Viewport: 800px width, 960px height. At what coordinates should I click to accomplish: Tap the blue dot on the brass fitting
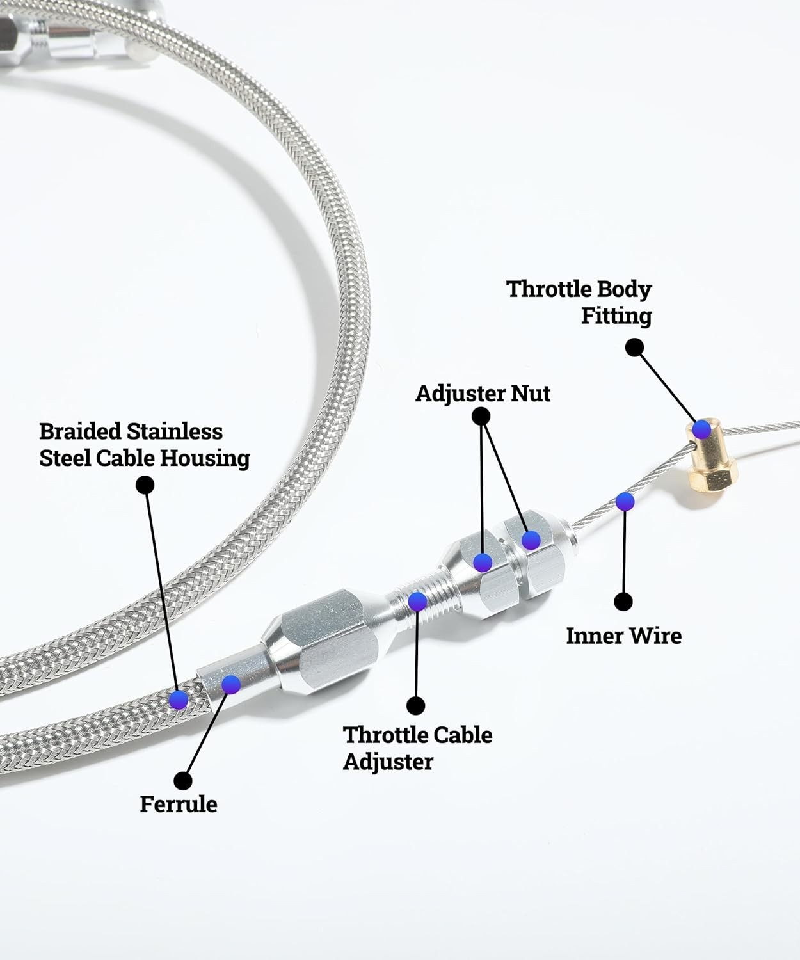702,429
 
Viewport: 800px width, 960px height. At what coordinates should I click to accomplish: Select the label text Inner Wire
623,636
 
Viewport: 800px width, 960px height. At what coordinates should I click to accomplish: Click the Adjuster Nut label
483,393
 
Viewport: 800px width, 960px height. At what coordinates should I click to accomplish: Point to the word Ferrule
179,804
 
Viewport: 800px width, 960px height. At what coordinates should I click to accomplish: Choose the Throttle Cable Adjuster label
417,748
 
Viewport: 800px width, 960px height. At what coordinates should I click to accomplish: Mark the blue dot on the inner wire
625,501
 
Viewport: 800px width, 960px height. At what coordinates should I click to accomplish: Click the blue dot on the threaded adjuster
417,601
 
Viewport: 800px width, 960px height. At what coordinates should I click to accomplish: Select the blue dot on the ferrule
230,684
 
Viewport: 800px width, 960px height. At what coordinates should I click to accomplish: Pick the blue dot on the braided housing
179,700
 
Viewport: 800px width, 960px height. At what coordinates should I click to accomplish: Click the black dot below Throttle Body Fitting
634,348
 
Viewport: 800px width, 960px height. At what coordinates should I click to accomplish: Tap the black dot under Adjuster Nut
481,417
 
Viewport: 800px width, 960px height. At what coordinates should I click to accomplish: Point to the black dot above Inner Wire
623,602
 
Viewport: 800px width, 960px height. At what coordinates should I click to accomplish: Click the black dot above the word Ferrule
183,780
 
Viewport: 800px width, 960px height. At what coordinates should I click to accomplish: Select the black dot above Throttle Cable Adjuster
416,705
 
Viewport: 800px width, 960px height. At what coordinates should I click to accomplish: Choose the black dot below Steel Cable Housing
145,485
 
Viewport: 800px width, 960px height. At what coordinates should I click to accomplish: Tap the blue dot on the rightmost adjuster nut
531,540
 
